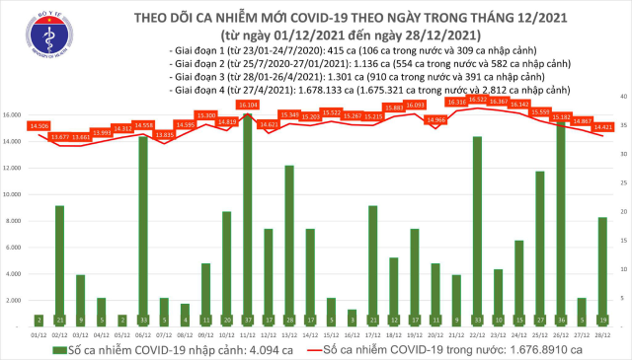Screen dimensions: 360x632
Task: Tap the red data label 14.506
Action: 39,125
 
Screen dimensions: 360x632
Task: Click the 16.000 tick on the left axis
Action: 14,115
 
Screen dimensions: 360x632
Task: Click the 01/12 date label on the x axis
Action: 39,336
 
